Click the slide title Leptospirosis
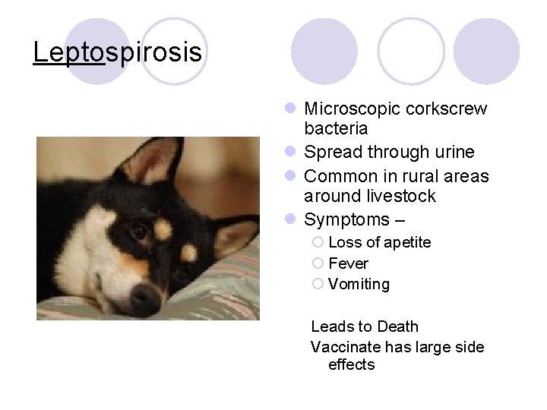(x=118, y=52)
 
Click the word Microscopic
(x=349, y=109)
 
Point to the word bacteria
(x=336, y=129)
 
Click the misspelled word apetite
(x=406, y=242)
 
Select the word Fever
(x=348, y=263)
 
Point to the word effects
(x=351, y=365)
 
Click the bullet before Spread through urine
(x=292, y=153)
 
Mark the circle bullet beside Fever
(x=318, y=263)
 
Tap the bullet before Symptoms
(x=292, y=220)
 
